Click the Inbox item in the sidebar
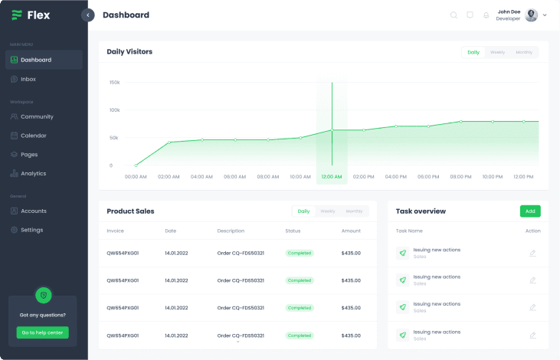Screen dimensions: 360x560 [x=28, y=79]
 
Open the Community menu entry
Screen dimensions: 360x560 [x=37, y=116]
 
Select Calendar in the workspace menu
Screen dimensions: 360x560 [x=33, y=136]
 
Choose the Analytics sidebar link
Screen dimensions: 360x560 [x=33, y=173]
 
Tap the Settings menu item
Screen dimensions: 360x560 [x=31, y=230]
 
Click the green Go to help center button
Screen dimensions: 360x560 [x=43, y=332]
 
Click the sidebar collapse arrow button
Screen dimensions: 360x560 [x=88, y=15]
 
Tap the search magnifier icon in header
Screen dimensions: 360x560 [x=454, y=15]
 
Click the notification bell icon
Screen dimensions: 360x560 [x=486, y=15]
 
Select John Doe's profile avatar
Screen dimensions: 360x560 [x=531, y=15]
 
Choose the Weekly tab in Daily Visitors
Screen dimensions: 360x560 [x=497, y=52]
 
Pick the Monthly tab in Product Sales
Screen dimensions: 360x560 [x=354, y=211]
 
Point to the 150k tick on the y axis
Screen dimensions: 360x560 [x=115, y=83]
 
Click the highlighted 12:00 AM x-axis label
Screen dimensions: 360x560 [x=332, y=177]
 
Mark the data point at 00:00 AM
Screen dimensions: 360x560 [x=136, y=165]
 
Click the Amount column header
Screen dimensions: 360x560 [x=351, y=231]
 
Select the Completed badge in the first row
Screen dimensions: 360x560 [x=300, y=253]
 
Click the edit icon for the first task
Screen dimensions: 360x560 [x=532, y=254]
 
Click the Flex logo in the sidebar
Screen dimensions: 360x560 [x=31, y=15]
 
